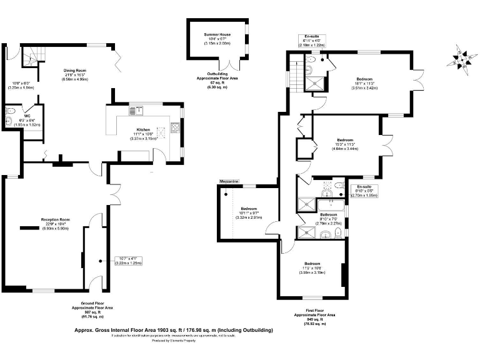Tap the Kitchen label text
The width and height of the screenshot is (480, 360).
(x=144, y=130)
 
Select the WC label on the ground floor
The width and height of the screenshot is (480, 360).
(x=27, y=116)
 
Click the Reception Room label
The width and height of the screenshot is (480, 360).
(x=54, y=220)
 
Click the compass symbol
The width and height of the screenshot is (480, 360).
(x=461, y=60)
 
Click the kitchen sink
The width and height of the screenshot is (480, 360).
(x=135, y=111)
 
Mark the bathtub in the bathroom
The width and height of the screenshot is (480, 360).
(x=331, y=204)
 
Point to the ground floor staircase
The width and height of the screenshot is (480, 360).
(x=30, y=57)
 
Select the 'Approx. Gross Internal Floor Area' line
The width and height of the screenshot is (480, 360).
(x=174, y=329)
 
